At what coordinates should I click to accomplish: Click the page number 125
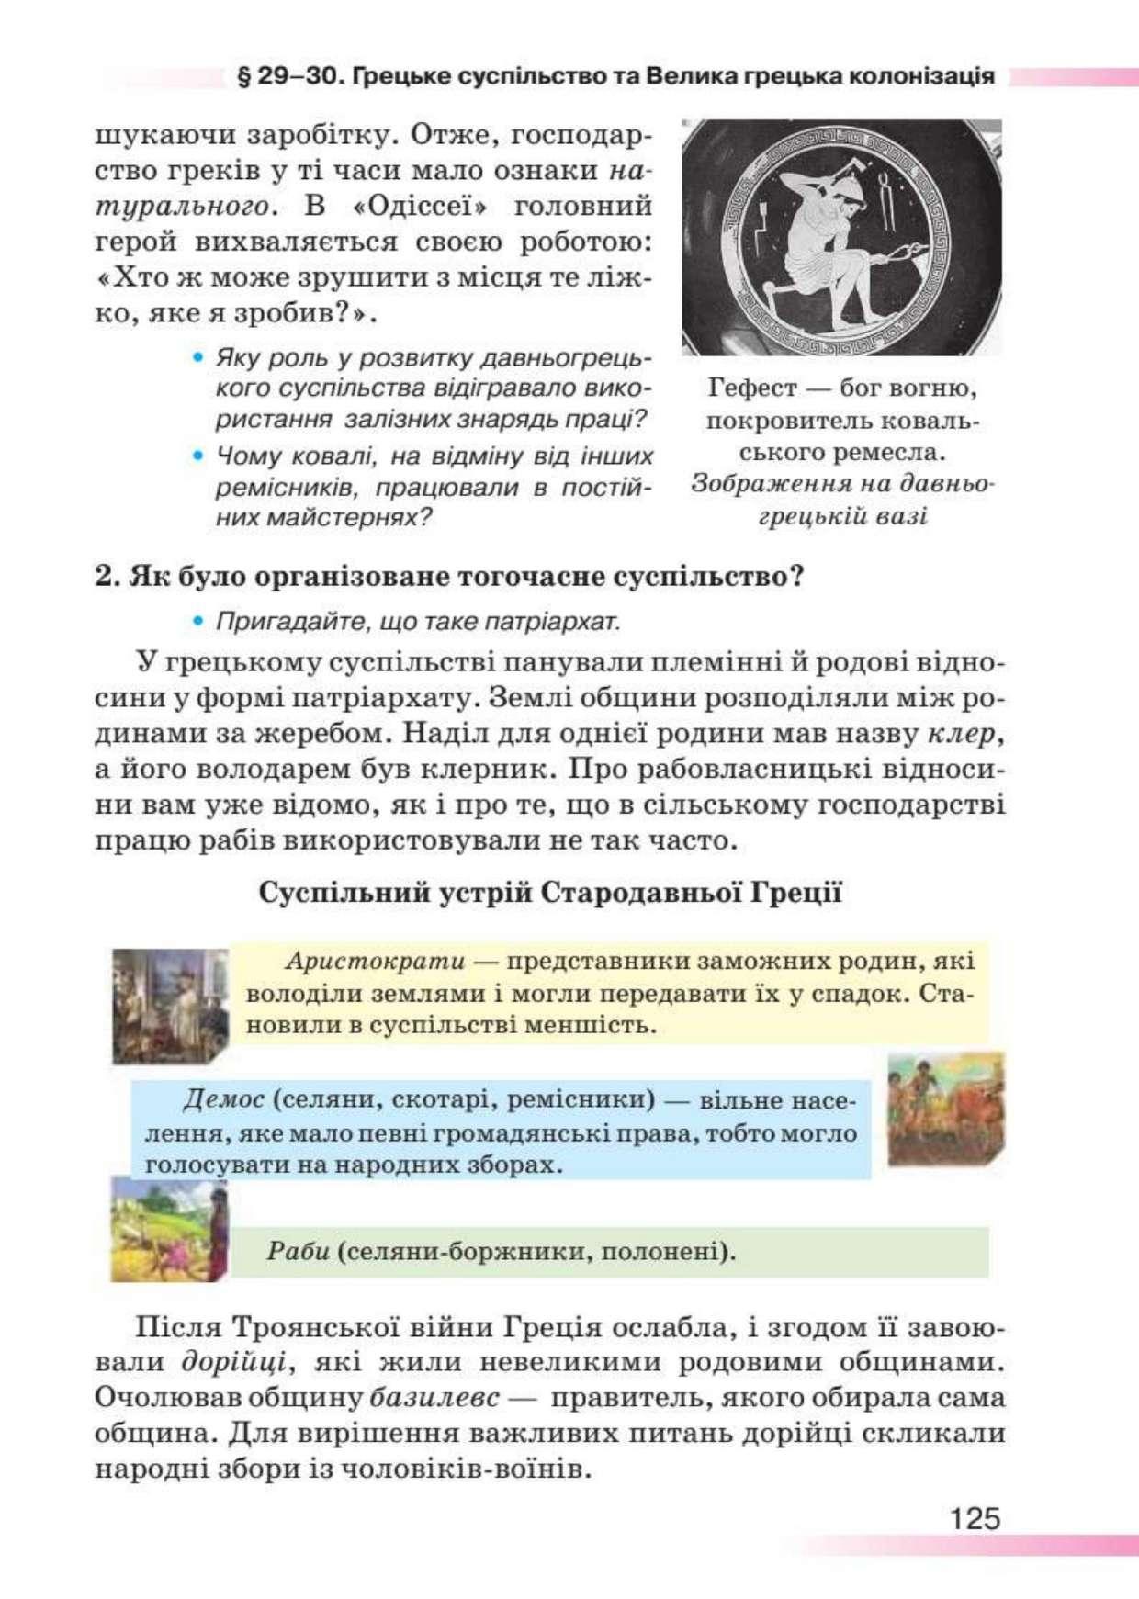coord(975,1518)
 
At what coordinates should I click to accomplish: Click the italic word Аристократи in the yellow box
coord(375,962)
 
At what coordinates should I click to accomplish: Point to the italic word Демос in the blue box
coord(223,1099)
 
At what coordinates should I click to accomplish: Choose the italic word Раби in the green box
coord(298,1252)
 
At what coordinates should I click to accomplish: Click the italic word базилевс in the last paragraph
coord(434,1398)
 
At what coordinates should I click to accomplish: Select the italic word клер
coord(961,734)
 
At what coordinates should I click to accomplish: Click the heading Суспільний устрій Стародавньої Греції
coord(549,893)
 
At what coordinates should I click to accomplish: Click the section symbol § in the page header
coord(244,76)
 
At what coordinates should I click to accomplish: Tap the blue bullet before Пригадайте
coord(197,622)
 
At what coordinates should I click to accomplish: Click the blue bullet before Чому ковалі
coord(197,456)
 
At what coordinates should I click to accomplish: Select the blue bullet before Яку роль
coord(197,357)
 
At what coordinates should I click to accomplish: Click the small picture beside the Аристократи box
coord(170,1006)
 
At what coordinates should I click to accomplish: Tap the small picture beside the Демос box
coord(945,1109)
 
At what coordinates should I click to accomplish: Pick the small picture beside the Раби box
coord(169,1231)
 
